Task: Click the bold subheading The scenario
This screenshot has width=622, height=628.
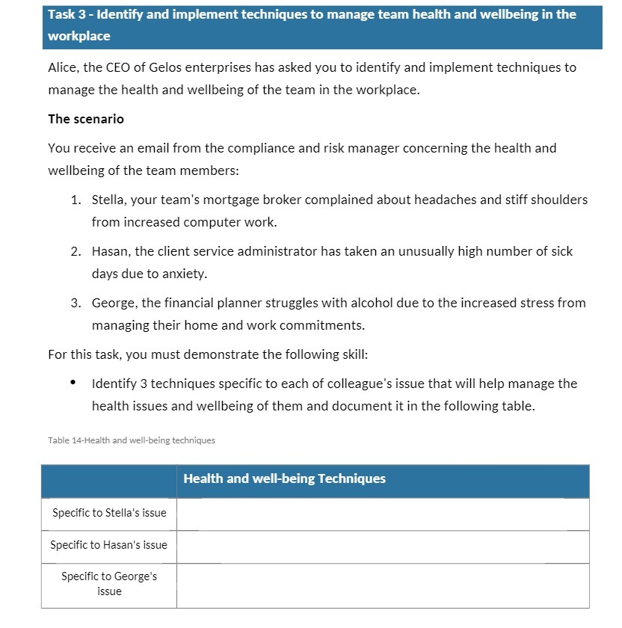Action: pyautogui.click(x=86, y=119)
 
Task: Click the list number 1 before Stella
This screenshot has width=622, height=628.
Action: pyautogui.click(x=76, y=200)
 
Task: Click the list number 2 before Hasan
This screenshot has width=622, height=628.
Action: pyautogui.click(x=76, y=251)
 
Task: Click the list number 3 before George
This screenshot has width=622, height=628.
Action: pyautogui.click(x=76, y=303)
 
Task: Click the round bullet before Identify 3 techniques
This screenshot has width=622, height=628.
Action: pyautogui.click(x=73, y=384)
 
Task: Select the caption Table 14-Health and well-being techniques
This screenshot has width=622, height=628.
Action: pyautogui.click(x=132, y=440)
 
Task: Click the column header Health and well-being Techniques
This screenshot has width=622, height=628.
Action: pyautogui.click(x=284, y=478)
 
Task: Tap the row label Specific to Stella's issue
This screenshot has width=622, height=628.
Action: pyautogui.click(x=109, y=513)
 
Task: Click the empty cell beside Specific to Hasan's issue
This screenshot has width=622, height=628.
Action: pyautogui.click(x=382, y=546)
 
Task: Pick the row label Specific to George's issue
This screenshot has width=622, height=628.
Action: pyautogui.click(x=109, y=584)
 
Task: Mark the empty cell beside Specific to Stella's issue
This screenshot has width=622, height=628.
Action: pyautogui.click(x=382, y=514)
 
